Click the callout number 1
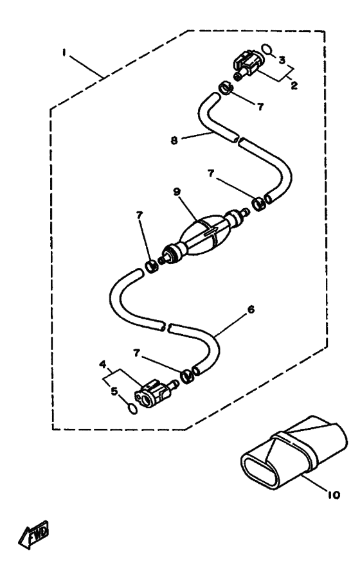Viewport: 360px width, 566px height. tap(64, 53)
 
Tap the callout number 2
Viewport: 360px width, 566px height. tap(294, 85)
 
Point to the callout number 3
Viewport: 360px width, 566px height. tap(282, 60)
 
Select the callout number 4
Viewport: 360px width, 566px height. tap(103, 364)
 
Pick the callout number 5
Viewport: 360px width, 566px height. tap(114, 391)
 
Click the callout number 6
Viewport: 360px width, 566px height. tap(251, 310)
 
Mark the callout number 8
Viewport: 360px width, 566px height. tap(174, 140)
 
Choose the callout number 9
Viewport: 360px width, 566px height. tap(177, 191)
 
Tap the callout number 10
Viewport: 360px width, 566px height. tap(334, 495)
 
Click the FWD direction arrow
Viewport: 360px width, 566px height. tap(33, 535)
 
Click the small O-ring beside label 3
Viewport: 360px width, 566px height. tap(267, 49)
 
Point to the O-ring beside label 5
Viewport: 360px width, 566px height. tap(133, 409)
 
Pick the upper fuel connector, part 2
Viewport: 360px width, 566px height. tap(247, 65)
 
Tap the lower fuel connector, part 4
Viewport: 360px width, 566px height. tap(154, 392)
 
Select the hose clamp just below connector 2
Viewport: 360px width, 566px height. tap(227, 88)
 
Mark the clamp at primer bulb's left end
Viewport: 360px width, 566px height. tap(152, 267)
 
